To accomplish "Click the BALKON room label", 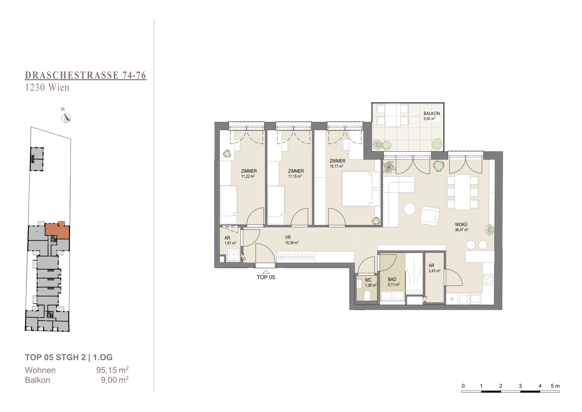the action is coord(432,113).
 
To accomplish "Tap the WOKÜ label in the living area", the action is coord(461,225).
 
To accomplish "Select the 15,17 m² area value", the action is coord(336,166).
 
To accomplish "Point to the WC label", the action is coord(368,280).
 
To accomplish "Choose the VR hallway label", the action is coord(288,237).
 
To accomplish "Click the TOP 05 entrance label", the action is coord(266,277).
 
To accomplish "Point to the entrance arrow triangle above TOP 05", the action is coord(266,272).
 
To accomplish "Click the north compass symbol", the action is coord(66,118).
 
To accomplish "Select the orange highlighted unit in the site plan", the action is coord(57,231).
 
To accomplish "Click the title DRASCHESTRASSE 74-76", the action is coord(85,75).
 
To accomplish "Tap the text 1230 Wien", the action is coord(47,88).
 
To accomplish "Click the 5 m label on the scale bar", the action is coord(555,386).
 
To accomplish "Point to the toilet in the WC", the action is coord(367,295).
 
